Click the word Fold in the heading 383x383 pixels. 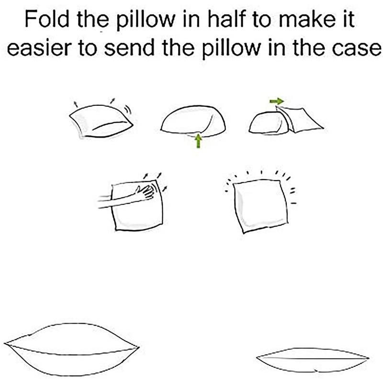tap(47, 19)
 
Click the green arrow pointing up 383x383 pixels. tap(198, 141)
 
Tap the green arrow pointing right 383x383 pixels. tap(277, 101)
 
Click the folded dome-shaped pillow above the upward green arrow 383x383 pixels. tap(193, 119)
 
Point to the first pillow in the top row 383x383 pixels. tap(101, 122)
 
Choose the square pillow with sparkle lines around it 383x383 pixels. tap(260, 205)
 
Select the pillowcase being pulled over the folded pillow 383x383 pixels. tap(300, 120)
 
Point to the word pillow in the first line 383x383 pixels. tap(145, 20)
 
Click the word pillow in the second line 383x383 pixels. tap(232, 49)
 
